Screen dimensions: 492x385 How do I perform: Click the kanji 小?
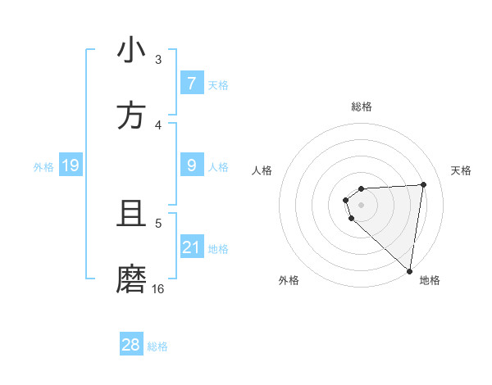click(131, 51)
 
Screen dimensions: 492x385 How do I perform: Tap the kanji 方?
click(131, 115)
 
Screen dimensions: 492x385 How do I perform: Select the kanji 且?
click(131, 215)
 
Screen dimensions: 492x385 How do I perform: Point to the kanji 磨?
click(131, 279)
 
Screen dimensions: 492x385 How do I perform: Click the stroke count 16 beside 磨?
click(158, 289)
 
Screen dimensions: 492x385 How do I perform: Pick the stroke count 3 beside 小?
click(158, 60)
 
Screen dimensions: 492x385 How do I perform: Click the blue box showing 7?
click(192, 83)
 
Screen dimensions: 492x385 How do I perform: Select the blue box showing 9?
click(192, 165)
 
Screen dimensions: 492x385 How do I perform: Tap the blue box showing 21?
click(192, 247)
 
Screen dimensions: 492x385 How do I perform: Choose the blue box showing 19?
click(71, 166)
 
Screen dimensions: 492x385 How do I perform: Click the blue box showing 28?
click(131, 345)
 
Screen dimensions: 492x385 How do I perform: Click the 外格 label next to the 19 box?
click(43, 167)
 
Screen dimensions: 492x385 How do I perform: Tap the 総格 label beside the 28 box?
click(157, 346)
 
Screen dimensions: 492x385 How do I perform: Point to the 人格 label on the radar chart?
click(262, 170)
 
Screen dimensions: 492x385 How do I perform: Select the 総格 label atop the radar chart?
click(361, 106)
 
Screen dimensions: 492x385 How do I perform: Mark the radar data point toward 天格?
click(423, 184)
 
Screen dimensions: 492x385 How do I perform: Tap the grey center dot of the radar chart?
click(361, 205)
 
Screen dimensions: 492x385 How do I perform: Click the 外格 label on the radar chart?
click(289, 280)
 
